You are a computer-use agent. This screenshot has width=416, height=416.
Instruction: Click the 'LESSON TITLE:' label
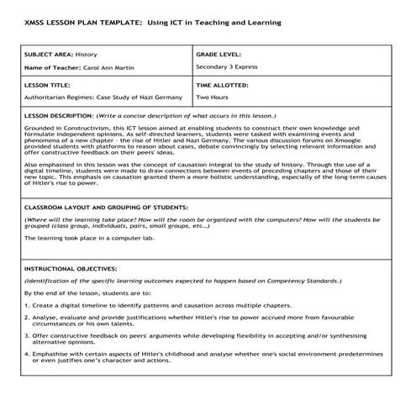pyautogui.click(x=45, y=85)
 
